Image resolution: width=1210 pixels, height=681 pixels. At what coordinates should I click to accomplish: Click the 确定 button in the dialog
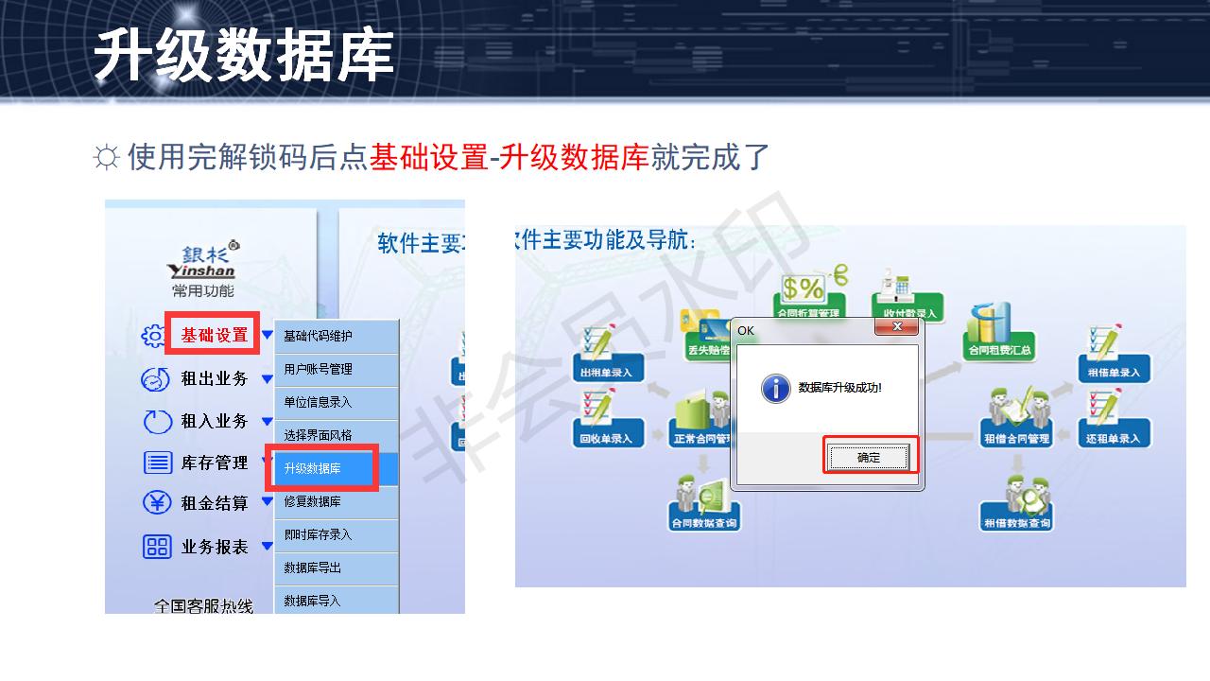869,458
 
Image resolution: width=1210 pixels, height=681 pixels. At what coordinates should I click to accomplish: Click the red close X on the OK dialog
896,327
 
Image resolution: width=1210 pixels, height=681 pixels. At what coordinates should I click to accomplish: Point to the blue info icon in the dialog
775,388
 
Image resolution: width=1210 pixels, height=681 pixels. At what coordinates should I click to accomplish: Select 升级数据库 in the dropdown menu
321,468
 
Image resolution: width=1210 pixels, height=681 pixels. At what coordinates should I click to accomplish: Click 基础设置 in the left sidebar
215,335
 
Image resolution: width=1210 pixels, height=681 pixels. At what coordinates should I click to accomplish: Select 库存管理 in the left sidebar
215,463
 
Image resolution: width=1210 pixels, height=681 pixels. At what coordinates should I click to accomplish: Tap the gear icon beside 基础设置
154,336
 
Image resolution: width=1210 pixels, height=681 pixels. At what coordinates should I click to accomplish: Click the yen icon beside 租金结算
156,503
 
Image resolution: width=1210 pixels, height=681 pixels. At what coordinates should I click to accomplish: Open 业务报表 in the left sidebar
215,547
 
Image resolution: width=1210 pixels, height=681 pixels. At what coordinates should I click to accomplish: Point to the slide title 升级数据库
243,55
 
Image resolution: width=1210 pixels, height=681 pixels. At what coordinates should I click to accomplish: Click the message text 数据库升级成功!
839,388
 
